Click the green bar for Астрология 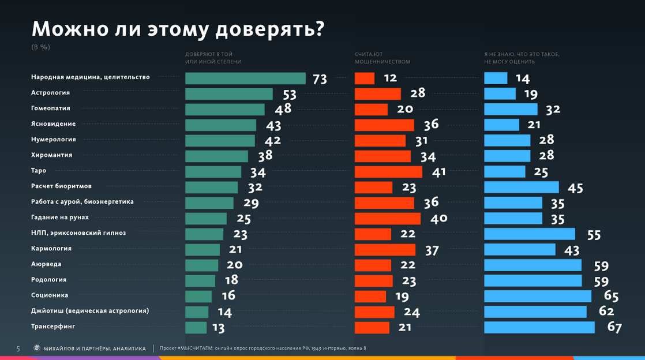229,93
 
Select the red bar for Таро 388,171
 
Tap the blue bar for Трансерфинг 539,327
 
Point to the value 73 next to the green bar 320,79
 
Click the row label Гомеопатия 51,108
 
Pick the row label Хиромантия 51,155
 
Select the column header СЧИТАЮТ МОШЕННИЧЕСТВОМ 382,58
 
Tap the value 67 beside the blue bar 614,328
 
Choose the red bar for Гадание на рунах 388,218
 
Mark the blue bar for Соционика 538,296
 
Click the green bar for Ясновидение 221,125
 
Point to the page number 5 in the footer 18,348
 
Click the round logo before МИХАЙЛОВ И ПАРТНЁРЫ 37,348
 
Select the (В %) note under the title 40,47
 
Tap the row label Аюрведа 46,264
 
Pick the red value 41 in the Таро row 438,172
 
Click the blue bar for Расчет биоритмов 522,187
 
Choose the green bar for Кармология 202,249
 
